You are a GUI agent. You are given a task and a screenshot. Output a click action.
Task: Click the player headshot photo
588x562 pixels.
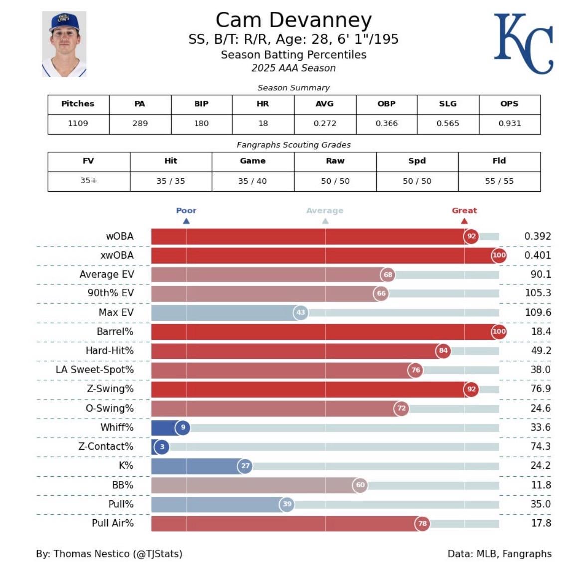click(x=64, y=44)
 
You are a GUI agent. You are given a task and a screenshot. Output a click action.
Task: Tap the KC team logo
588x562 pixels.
click(x=523, y=44)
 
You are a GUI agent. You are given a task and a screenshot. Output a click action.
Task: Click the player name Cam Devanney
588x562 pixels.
click(x=293, y=20)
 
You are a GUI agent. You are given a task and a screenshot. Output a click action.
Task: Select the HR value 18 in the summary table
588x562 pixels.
click(x=263, y=123)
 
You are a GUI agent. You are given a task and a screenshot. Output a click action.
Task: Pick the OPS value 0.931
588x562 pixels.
click(x=509, y=123)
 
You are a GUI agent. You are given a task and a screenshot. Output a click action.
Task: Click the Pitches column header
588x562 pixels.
click(x=78, y=104)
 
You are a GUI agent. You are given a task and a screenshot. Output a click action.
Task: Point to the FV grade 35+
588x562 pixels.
click(x=89, y=180)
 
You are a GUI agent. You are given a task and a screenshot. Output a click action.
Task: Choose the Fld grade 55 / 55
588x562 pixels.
click(x=499, y=181)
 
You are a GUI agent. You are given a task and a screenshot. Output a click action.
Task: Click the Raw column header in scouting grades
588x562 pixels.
click(x=335, y=161)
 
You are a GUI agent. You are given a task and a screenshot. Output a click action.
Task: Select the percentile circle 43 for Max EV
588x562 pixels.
click(x=301, y=313)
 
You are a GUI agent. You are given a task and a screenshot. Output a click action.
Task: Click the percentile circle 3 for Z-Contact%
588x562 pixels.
click(x=162, y=447)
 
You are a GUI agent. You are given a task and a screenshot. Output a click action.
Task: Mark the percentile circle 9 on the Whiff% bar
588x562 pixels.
click(x=183, y=427)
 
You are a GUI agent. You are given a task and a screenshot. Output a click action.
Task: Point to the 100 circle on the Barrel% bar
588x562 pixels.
click(x=499, y=331)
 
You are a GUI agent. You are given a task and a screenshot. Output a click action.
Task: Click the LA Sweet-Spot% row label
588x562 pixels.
click(x=95, y=370)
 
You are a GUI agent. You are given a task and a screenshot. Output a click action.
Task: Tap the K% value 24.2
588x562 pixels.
click(x=540, y=465)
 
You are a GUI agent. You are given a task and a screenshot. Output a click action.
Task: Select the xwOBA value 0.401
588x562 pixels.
click(x=537, y=255)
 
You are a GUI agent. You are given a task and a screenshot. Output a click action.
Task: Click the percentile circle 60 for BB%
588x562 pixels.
click(x=360, y=485)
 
